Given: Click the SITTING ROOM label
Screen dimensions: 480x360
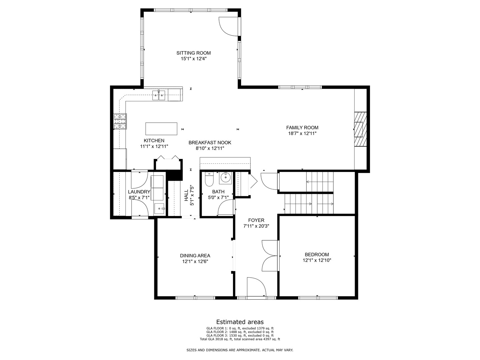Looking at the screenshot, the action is (x=194, y=53).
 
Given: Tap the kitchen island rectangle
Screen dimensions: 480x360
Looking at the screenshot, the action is (x=161, y=129).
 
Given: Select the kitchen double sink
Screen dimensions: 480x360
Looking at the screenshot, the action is (x=159, y=95).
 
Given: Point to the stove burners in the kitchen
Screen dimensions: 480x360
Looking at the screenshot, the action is (x=120, y=121).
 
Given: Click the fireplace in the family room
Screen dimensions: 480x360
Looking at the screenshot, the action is (x=360, y=129).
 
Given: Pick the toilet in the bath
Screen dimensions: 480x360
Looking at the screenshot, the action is (x=209, y=179).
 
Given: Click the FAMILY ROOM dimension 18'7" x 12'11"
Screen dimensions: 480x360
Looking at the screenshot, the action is (x=302, y=133).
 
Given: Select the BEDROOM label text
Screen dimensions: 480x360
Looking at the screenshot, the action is (x=317, y=254).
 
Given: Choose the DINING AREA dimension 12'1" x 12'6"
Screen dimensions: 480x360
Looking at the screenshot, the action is (x=195, y=261).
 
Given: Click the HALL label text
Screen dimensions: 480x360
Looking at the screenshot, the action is (x=186, y=195).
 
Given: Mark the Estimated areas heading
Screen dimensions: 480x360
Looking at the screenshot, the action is (x=240, y=322).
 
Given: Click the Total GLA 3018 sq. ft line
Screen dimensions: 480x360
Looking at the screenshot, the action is (x=240, y=339).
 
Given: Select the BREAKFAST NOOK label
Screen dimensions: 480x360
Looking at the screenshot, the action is (x=210, y=143).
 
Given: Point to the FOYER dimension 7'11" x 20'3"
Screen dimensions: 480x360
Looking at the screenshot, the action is (x=256, y=226).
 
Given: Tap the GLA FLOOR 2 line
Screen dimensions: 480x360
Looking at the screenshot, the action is (x=240, y=332).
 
